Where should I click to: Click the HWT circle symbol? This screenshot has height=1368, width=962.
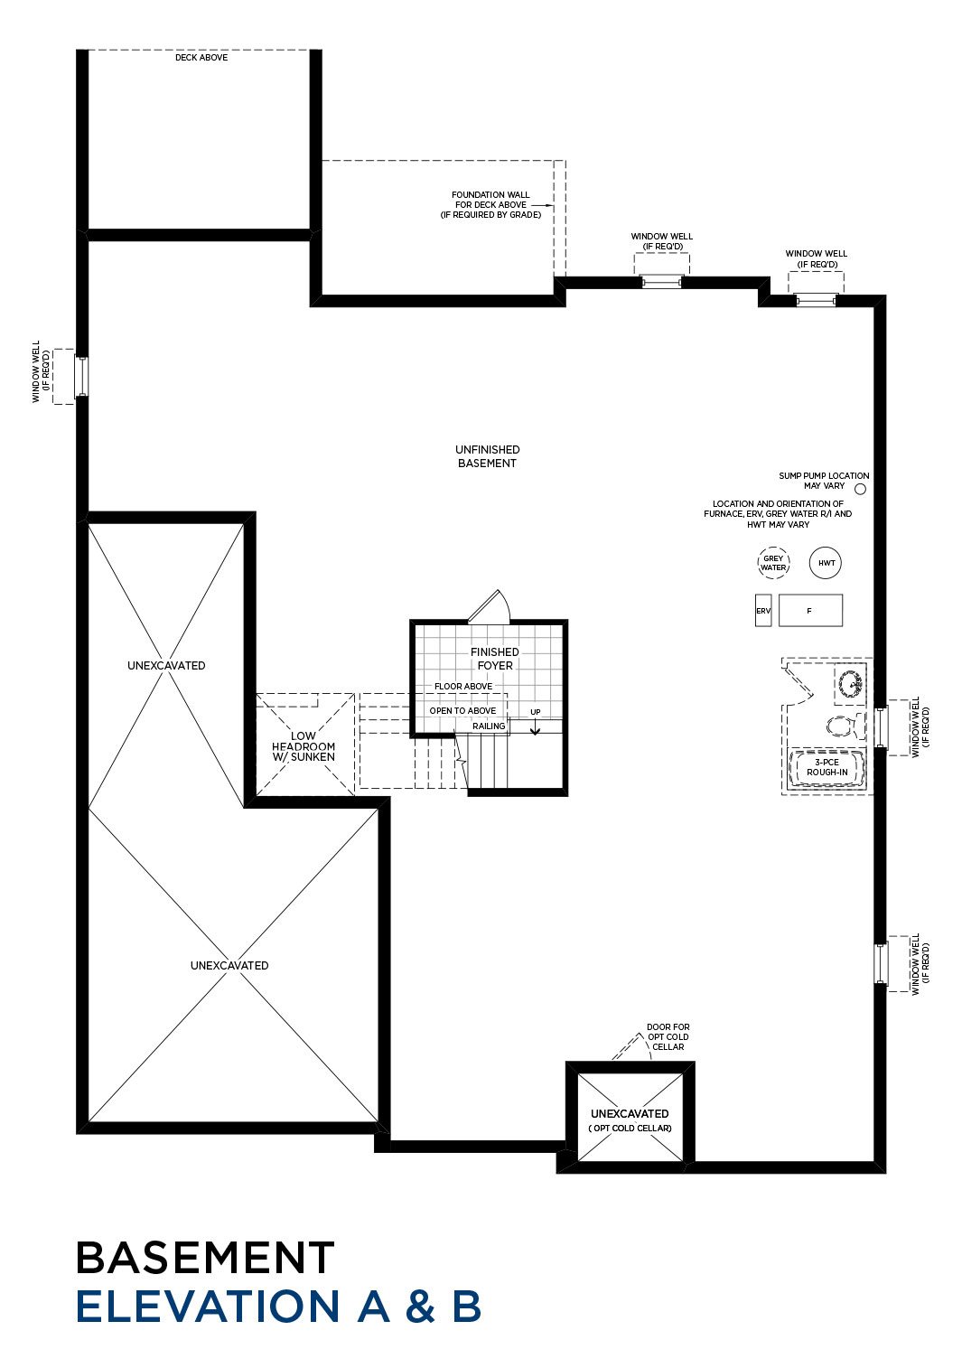pos(825,562)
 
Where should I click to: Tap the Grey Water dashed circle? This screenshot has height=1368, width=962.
pos(773,562)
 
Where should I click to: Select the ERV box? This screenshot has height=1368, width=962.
pos(763,610)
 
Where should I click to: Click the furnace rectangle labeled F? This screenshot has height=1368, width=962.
pos(810,610)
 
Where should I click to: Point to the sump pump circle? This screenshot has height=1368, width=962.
pos(860,489)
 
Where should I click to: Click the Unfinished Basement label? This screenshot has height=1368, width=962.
pos(487,456)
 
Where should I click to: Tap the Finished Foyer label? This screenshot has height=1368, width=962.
pos(494,659)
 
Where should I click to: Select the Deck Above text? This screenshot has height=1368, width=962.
pos(201,58)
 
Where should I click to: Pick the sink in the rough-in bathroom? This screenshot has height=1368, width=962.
pos(850,683)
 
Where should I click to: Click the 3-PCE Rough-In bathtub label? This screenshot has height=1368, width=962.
pos(827,767)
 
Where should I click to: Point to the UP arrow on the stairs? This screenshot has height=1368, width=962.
pos(535,726)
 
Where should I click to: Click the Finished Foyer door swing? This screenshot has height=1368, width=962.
pos(490,606)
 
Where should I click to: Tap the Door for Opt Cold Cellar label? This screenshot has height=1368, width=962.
pos(668,1036)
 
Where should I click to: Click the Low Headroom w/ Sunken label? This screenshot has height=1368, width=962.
pos(304,746)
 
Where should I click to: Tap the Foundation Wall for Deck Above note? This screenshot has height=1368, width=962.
pos(490,204)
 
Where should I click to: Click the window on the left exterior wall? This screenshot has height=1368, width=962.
pos(82,376)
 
